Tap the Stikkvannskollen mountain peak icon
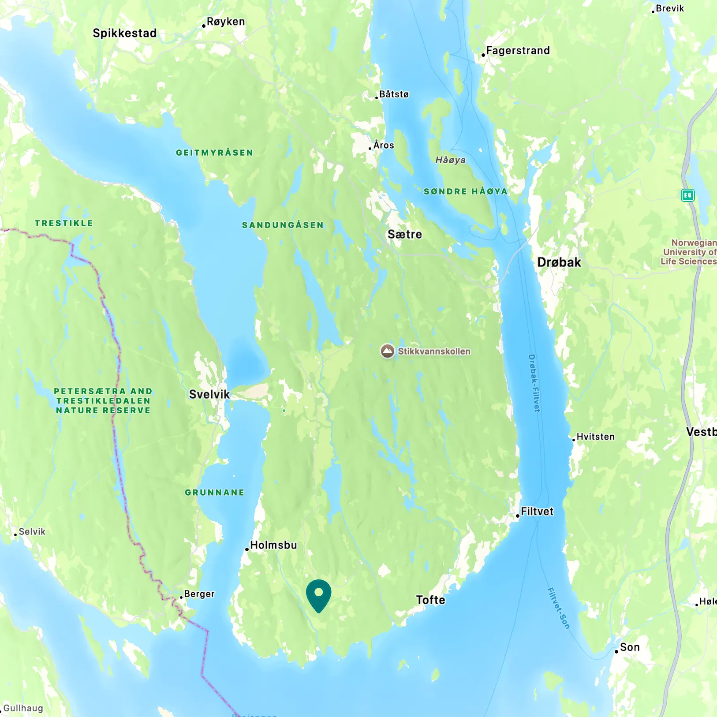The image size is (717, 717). point(387,351)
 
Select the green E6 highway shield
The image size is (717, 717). point(688,195)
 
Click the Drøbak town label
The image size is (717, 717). point(559,262)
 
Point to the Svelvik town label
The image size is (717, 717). point(209,394)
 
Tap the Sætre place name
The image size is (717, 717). point(405,234)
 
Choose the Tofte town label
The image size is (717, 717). point(431,600)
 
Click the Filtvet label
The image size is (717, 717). point(537,512)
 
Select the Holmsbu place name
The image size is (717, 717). point(273,545)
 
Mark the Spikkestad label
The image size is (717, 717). point(125,33)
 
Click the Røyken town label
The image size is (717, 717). point(226,22)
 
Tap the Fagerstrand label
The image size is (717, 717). point(518,51)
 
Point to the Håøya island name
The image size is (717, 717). point(450,160)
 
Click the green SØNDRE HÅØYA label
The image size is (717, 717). point(466,191)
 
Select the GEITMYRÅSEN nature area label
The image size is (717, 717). point(215,153)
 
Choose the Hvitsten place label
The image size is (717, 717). point(595,437)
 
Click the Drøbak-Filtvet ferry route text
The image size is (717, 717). point(534,383)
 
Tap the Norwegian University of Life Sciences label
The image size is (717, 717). point(688,252)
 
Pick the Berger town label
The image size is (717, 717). point(199,594)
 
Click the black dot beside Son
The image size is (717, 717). point(616,651)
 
